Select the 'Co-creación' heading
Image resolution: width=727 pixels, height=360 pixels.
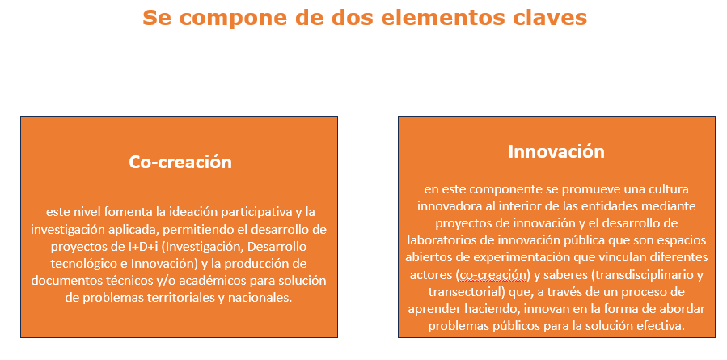click(180, 162)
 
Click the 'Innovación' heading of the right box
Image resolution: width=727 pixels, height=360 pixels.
click(556, 152)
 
